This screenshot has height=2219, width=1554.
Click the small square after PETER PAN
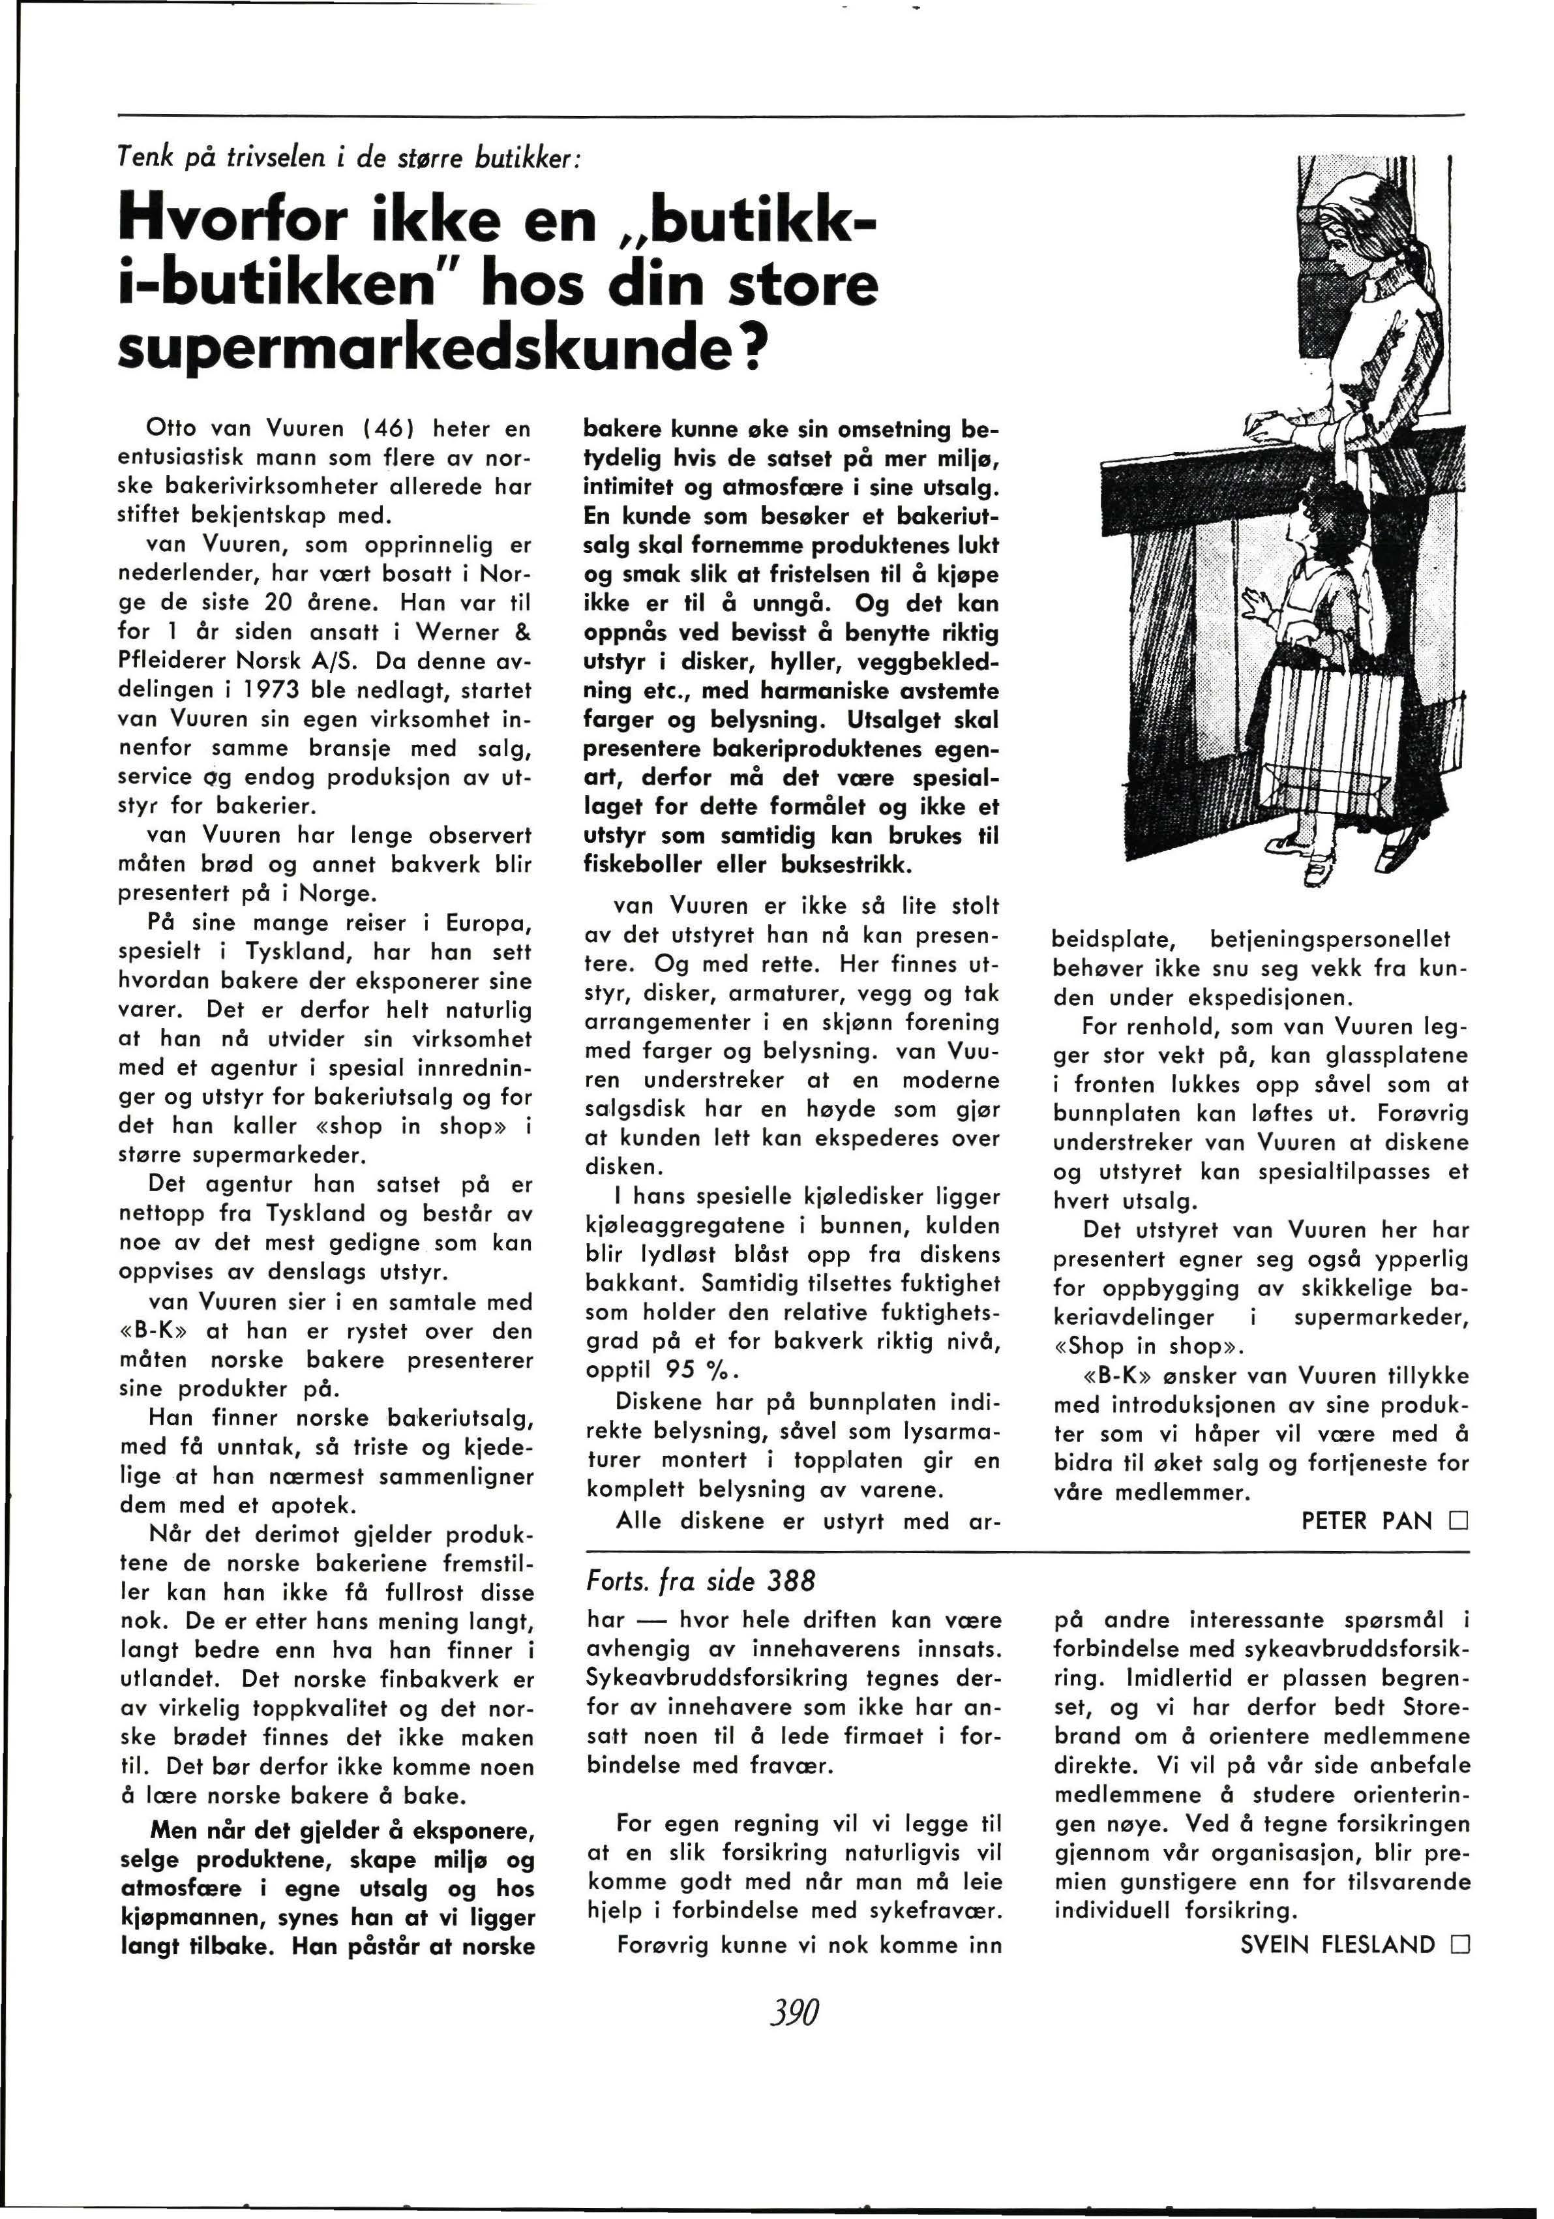[x=1458, y=1521]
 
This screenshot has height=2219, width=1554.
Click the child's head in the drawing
[x=1329, y=527]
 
